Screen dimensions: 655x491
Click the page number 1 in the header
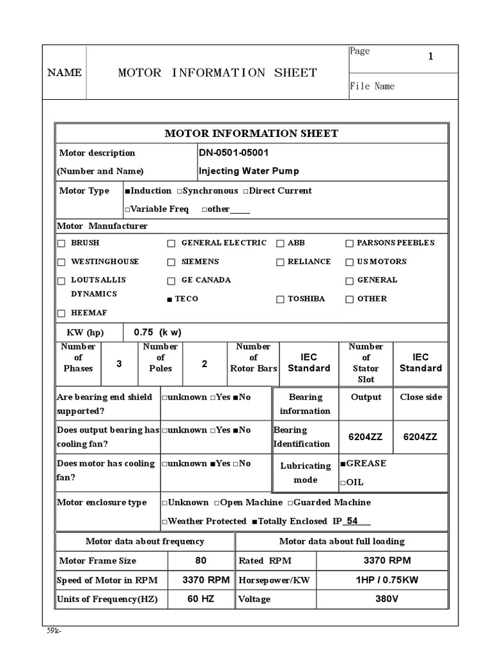tap(430, 57)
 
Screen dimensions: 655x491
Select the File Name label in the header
tap(372, 86)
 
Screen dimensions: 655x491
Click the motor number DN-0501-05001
tap(238, 153)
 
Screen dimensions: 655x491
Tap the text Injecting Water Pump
tap(249, 171)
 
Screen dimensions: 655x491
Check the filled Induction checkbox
tap(128, 191)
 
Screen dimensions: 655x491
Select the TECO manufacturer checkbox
tap(170, 299)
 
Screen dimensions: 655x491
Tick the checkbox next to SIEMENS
tap(171, 262)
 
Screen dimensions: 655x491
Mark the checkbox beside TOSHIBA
tap(280, 299)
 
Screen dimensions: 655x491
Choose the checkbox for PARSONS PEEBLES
tap(350, 244)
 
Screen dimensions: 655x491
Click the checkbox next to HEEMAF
tap(61, 313)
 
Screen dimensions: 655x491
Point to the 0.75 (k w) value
tap(157, 333)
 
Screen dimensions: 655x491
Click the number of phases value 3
tap(119, 364)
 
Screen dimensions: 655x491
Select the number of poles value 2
tap(205, 364)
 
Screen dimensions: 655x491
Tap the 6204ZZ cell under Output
tap(365, 438)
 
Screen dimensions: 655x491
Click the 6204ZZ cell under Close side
tap(420, 438)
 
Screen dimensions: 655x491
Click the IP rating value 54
tap(352, 521)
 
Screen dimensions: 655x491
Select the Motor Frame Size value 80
tap(201, 561)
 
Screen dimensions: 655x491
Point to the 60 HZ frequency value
tap(201, 599)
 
